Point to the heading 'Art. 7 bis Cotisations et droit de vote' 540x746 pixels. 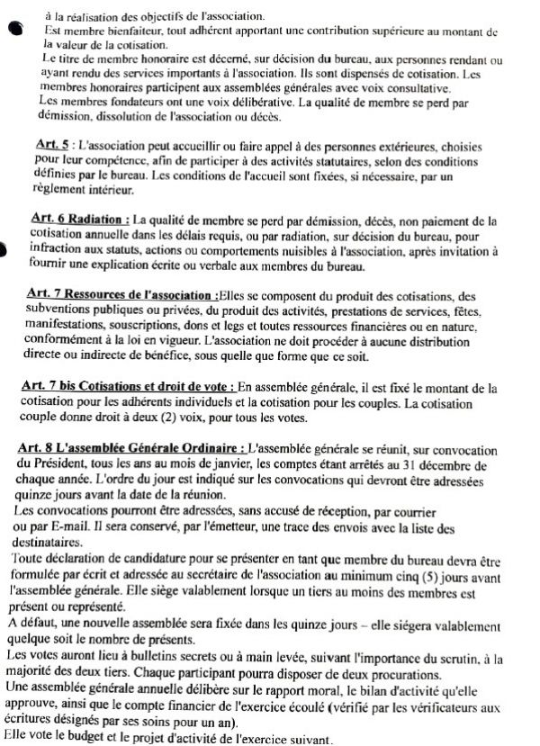point(125,387)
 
